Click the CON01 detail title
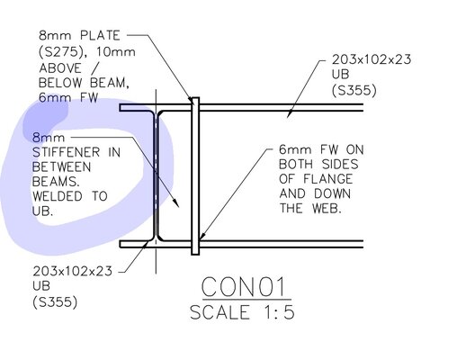243,286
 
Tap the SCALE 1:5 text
242,312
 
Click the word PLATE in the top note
100,35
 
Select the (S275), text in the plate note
63,52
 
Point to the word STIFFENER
67,152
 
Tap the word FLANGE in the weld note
327,179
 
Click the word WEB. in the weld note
327,208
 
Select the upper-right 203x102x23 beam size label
372,59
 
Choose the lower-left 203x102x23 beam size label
72,271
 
